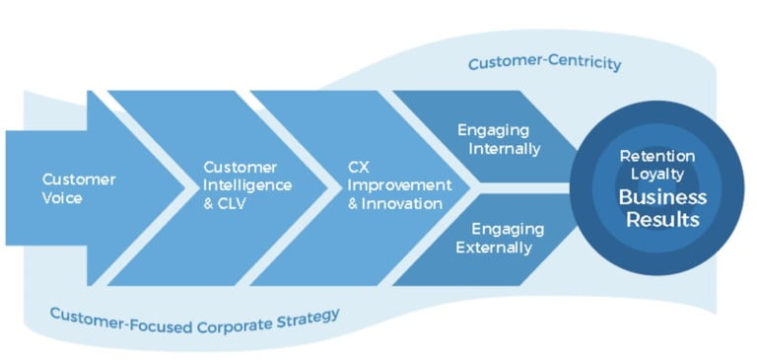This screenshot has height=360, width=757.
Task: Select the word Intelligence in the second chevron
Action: click(x=241, y=184)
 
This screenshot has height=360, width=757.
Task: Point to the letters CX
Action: click(x=358, y=167)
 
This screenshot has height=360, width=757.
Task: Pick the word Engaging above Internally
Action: click(x=495, y=130)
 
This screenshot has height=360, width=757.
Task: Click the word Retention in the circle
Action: click(x=657, y=157)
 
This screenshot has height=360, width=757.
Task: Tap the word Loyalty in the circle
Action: click(x=656, y=174)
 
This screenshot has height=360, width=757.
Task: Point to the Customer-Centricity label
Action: click(x=544, y=64)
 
